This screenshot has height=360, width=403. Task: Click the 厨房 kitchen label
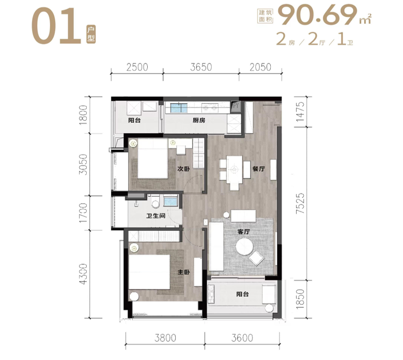click(199, 120)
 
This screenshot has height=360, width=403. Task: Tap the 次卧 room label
click(184, 169)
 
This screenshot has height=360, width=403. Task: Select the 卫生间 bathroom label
click(156, 215)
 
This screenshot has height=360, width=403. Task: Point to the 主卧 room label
click(184, 272)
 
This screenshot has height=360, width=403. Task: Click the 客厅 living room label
click(244, 232)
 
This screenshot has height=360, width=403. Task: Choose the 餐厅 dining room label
click(258, 169)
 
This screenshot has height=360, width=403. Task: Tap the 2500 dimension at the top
click(137, 67)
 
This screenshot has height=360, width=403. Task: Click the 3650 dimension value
click(201, 67)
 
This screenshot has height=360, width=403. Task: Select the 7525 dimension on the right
click(300, 204)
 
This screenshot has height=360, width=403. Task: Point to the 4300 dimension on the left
click(84, 274)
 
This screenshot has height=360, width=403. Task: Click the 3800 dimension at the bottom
click(165, 338)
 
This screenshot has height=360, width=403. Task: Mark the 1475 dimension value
click(300, 112)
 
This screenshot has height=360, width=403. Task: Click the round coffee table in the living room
click(244, 247)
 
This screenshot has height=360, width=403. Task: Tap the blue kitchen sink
click(179, 107)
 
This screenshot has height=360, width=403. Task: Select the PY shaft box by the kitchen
click(236, 106)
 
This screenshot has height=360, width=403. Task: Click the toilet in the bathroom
click(155, 202)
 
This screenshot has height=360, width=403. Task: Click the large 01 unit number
click(56, 26)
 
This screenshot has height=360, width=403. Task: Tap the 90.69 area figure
click(318, 15)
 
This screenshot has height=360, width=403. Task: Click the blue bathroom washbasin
click(171, 201)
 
